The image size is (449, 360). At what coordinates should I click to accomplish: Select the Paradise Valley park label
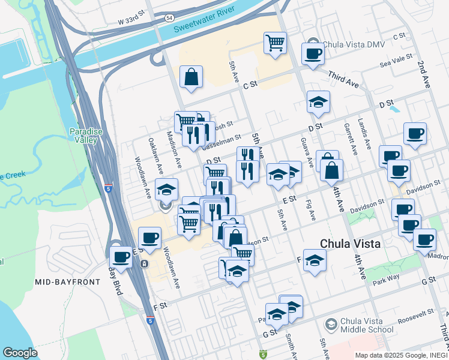pos(83,136)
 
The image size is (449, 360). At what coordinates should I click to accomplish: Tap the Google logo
pos(20,353)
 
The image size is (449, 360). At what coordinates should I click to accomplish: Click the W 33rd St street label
pos(133,21)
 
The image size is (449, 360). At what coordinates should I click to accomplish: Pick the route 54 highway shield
pos(170,19)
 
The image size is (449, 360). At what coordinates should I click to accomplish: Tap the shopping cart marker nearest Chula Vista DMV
pos(275,43)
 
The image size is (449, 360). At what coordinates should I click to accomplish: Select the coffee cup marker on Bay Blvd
pos(121,257)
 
